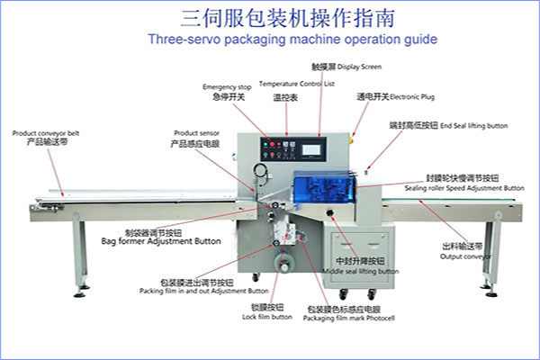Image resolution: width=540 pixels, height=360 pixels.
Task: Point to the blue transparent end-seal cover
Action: (x=324, y=189)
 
